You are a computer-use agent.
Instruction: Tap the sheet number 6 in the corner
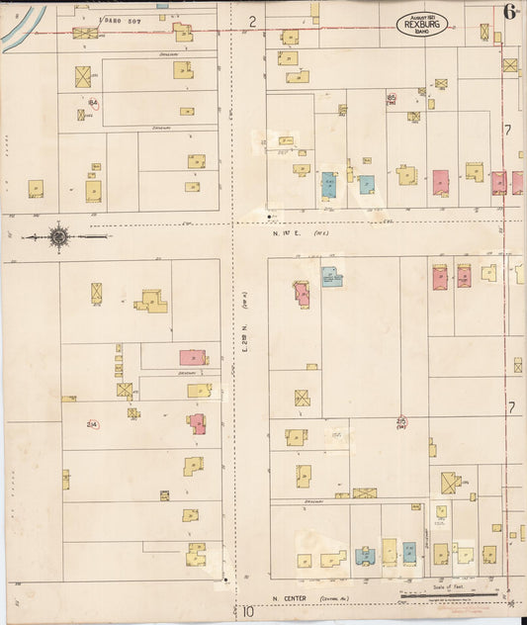510,12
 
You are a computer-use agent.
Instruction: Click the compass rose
58,236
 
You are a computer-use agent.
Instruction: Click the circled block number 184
93,102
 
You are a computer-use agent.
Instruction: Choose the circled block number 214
92,425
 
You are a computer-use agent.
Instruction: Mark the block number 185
393,96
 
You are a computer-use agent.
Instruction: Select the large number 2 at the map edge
252,20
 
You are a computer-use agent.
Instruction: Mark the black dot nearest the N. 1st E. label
269,214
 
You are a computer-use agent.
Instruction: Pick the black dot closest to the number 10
226,579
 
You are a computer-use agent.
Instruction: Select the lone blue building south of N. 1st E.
331,277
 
